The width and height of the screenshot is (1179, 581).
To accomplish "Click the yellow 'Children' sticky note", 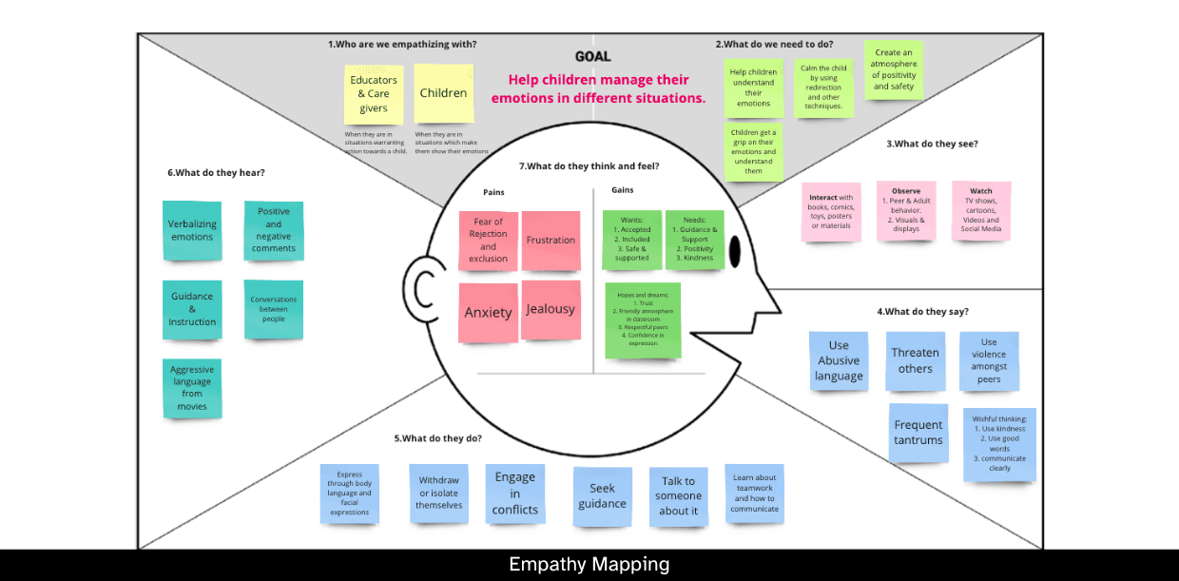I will coord(443,93).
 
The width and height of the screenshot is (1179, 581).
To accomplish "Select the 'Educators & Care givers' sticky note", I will coord(373,94).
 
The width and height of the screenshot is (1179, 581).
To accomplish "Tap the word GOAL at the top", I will coord(592,57).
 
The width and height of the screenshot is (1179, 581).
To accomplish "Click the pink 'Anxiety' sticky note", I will coord(488,312).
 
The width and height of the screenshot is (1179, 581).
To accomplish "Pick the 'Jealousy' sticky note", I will coord(551,309).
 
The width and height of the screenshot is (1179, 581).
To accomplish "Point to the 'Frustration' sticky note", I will coord(551,240).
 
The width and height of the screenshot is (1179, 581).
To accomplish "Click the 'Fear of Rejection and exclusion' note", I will coord(488,240).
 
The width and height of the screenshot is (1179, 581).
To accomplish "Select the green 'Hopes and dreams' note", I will coord(643,320).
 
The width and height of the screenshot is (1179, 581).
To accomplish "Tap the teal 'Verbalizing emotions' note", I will coord(192,230).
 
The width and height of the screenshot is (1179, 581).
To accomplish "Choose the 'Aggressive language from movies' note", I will coord(192,388).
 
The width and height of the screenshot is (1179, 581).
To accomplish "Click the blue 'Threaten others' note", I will coord(915,360).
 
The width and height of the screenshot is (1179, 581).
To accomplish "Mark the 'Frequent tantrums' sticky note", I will coord(918,433).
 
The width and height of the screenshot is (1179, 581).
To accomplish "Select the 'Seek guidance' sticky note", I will coord(602,495).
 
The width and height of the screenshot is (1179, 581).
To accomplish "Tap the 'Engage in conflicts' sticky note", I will coord(514,493).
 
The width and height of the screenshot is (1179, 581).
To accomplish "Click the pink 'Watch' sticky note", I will coord(980,210).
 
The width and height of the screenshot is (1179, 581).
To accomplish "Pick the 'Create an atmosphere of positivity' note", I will coord(893,69).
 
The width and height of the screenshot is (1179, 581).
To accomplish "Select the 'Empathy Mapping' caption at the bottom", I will coord(589,564).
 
